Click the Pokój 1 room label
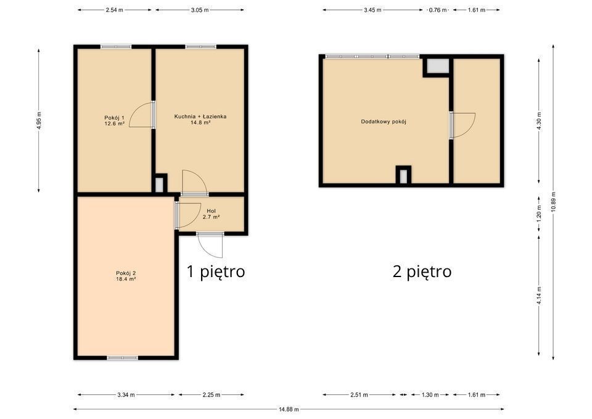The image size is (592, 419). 115,120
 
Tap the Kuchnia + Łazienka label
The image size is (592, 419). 200,119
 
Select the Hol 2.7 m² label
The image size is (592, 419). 211,214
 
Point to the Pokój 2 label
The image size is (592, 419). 126,276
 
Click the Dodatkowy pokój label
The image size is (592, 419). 384,122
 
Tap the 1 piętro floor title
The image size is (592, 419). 216,272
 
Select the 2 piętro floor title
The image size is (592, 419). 422,272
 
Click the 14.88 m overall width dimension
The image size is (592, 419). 289,409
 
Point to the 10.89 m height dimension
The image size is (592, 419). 554,202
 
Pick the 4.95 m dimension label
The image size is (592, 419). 38,121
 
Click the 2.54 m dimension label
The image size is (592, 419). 115,10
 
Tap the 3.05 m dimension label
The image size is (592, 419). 200,10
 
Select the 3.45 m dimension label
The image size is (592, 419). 372,10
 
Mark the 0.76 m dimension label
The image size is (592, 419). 438,10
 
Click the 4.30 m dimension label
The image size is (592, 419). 539,121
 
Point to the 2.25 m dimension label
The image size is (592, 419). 211,395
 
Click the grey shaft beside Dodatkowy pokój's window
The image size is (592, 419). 438,65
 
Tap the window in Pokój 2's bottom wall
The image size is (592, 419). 122,357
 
